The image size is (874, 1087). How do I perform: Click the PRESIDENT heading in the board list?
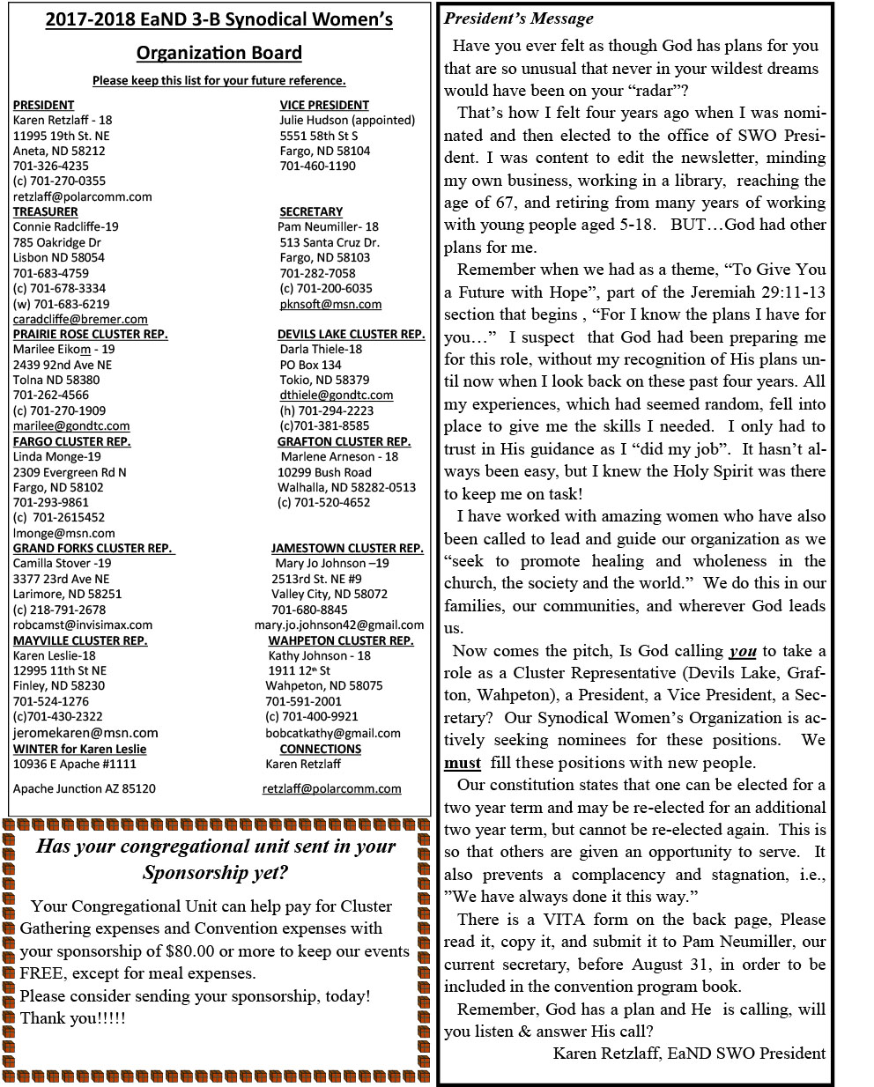pyautogui.click(x=43, y=105)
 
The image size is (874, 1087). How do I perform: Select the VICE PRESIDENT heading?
pyautogui.click(x=324, y=105)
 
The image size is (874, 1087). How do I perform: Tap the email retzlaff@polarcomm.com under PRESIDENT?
pyautogui.click(x=82, y=196)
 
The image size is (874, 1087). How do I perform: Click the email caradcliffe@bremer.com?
pyautogui.click(x=80, y=319)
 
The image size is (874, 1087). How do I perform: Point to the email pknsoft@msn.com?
pyautogui.click(x=330, y=304)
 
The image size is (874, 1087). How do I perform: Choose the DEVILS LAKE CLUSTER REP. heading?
pyautogui.click(x=351, y=334)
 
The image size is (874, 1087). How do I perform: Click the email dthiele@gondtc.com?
pyautogui.click(x=337, y=395)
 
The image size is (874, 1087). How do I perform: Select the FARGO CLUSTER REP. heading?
pyautogui.click(x=71, y=441)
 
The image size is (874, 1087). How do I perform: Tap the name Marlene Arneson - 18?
pyautogui.click(x=339, y=456)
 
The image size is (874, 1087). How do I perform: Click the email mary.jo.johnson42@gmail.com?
pyautogui.click(x=339, y=625)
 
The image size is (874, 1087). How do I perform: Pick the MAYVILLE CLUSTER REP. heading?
pyautogui.click(x=80, y=640)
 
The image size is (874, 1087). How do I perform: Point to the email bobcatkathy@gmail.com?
pyautogui.click(x=333, y=733)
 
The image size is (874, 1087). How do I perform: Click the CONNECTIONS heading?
pyautogui.click(x=321, y=749)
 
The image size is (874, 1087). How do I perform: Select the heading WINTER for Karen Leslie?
pyautogui.click(x=79, y=749)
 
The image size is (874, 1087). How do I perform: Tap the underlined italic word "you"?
pyautogui.click(x=743, y=651)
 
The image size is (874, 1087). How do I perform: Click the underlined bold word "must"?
pyautogui.click(x=463, y=763)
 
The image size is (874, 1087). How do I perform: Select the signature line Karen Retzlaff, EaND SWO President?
pyautogui.click(x=689, y=1053)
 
